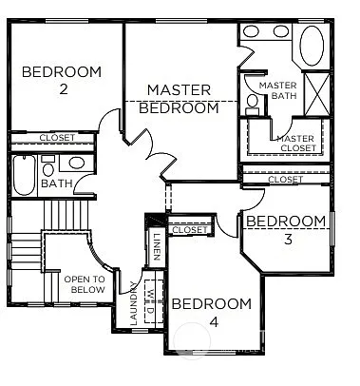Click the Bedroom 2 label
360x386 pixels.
[x=63, y=80]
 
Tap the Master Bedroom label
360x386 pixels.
[x=179, y=99]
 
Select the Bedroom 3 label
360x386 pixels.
[x=285, y=229]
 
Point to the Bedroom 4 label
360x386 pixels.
[x=211, y=312]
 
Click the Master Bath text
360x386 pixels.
[x=276, y=90]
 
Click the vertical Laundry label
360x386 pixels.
[x=133, y=306]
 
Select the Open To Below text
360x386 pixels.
[x=84, y=284]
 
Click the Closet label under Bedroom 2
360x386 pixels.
[x=58, y=138]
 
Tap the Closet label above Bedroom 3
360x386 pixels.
[x=285, y=179]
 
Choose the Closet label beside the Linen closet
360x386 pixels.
[x=189, y=229]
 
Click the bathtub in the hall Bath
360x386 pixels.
[x=25, y=177]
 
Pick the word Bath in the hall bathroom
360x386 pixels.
[x=55, y=183]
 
